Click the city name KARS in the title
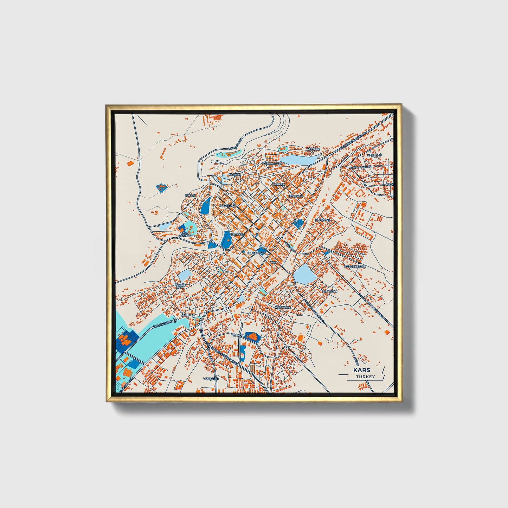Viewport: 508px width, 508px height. pos(361,370)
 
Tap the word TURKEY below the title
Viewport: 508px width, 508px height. pos(365,377)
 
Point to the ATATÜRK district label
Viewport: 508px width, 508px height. pos(314,149)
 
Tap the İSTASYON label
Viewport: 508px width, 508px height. pos(295,196)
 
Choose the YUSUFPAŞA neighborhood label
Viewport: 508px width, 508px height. pos(226,205)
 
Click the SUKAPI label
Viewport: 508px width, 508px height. pos(190,196)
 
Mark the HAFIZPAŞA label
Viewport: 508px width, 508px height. pos(323,220)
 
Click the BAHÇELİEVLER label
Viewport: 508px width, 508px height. pos(355,266)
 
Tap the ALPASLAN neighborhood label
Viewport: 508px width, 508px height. pos(329,291)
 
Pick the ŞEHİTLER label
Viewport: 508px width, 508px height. pos(188,315)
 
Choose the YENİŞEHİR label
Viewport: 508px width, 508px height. pos(211,379)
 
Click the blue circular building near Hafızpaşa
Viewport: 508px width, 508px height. pos(300,223)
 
